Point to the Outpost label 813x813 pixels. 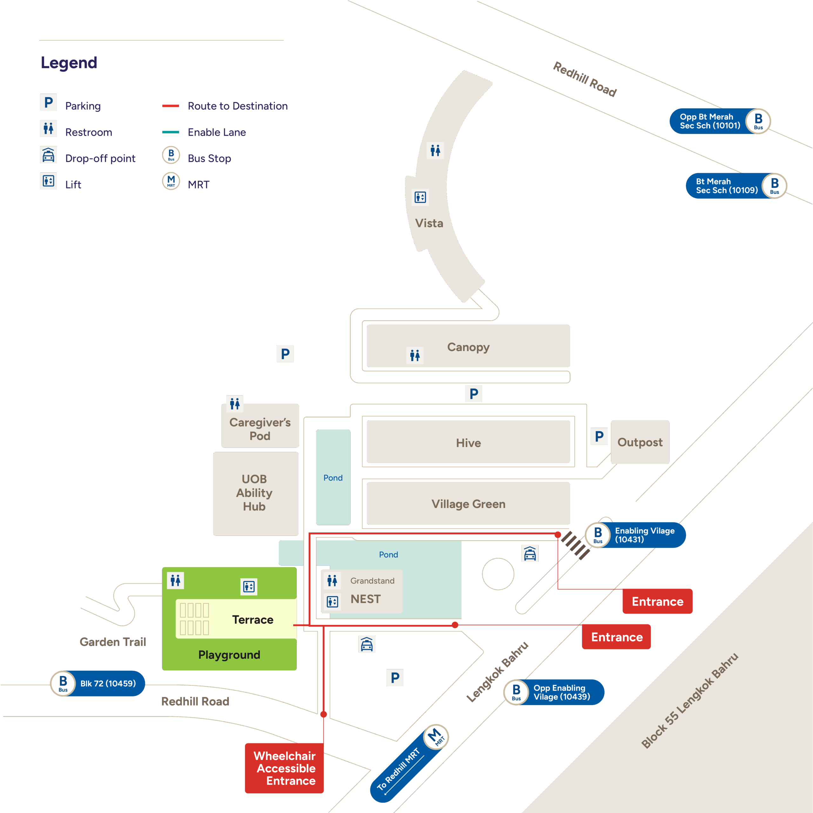[640, 442]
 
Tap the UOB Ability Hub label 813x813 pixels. [254, 493]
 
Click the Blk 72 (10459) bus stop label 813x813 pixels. [108, 683]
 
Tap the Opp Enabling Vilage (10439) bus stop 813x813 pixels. [561, 692]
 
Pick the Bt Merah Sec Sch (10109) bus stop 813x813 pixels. [726, 185]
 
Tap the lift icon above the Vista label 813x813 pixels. [420, 197]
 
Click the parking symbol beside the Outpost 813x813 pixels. [599, 436]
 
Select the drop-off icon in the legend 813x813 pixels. [48, 155]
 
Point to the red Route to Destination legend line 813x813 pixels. [171, 106]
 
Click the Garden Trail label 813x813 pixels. [113, 642]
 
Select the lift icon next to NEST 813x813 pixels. [333, 601]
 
